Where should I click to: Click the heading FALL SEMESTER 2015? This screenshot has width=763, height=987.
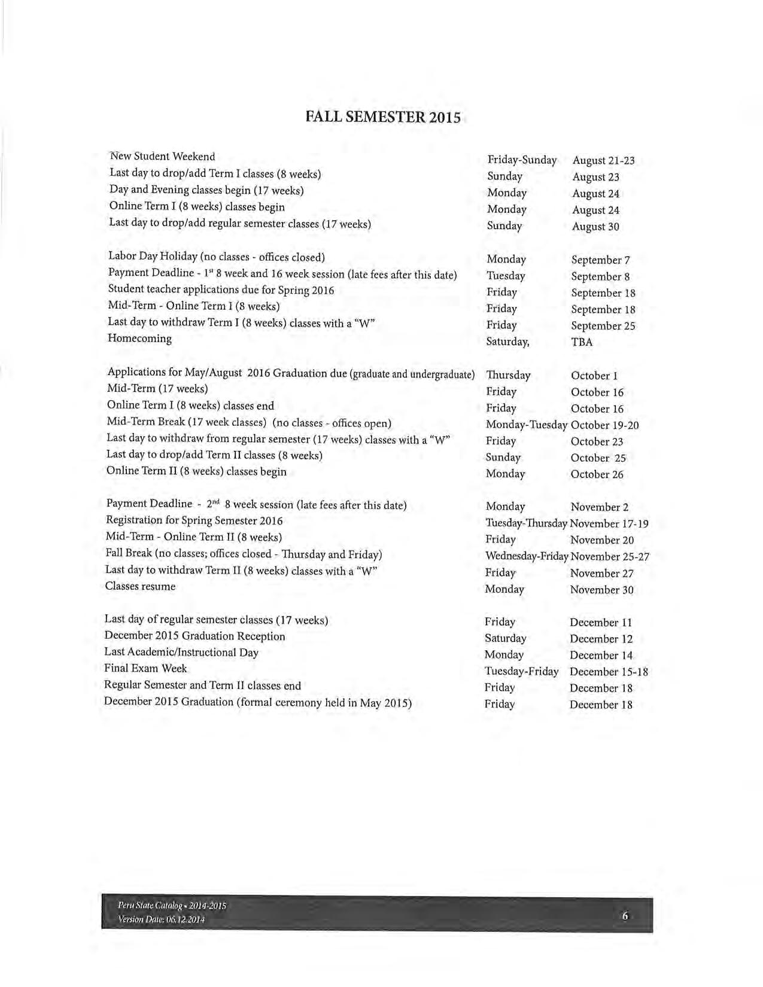click(383, 117)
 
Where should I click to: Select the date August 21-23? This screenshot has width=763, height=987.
click(603, 160)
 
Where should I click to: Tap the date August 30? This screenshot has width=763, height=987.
click(595, 227)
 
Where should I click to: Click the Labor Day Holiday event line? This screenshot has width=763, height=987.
click(216, 257)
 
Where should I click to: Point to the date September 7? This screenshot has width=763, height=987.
click(600, 260)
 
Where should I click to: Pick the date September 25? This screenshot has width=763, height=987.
click(603, 326)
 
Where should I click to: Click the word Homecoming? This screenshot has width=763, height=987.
click(139, 339)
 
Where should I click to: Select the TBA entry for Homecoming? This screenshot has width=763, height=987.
click(582, 343)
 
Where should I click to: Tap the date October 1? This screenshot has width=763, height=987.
click(594, 376)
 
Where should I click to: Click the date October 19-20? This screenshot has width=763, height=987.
click(604, 425)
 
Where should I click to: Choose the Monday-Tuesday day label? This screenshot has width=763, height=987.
click(526, 425)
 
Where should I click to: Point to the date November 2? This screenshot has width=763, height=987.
click(599, 507)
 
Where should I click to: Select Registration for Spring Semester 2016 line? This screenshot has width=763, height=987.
click(194, 521)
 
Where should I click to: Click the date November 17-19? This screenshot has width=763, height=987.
click(609, 524)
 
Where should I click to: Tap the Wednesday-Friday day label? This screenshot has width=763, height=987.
click(527, 556)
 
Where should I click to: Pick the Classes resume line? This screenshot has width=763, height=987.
click(140, 587)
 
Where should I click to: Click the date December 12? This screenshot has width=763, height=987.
click(601, 639)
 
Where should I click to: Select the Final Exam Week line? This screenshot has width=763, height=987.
click(145, 669)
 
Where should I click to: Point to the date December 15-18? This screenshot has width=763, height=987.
click(609, 672)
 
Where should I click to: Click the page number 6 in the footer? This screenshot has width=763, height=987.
click(625, 916)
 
